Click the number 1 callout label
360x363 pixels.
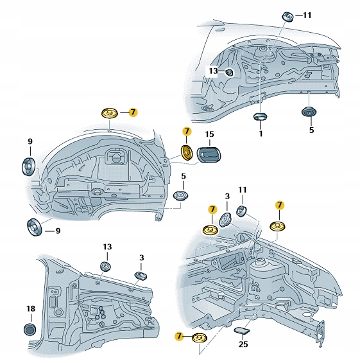(261, 134)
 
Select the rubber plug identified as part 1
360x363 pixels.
(260, 117)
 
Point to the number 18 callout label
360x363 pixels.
(30, 309)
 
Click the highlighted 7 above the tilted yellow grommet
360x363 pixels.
(187, 131)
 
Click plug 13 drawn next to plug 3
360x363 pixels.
(107, 267)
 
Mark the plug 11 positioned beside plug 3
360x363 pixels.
(243, 211)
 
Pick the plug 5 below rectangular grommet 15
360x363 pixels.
(183, 195)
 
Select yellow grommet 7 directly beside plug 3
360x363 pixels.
(210, 231)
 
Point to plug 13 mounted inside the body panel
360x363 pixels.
(229, 73)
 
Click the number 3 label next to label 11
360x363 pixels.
(227, 196)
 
